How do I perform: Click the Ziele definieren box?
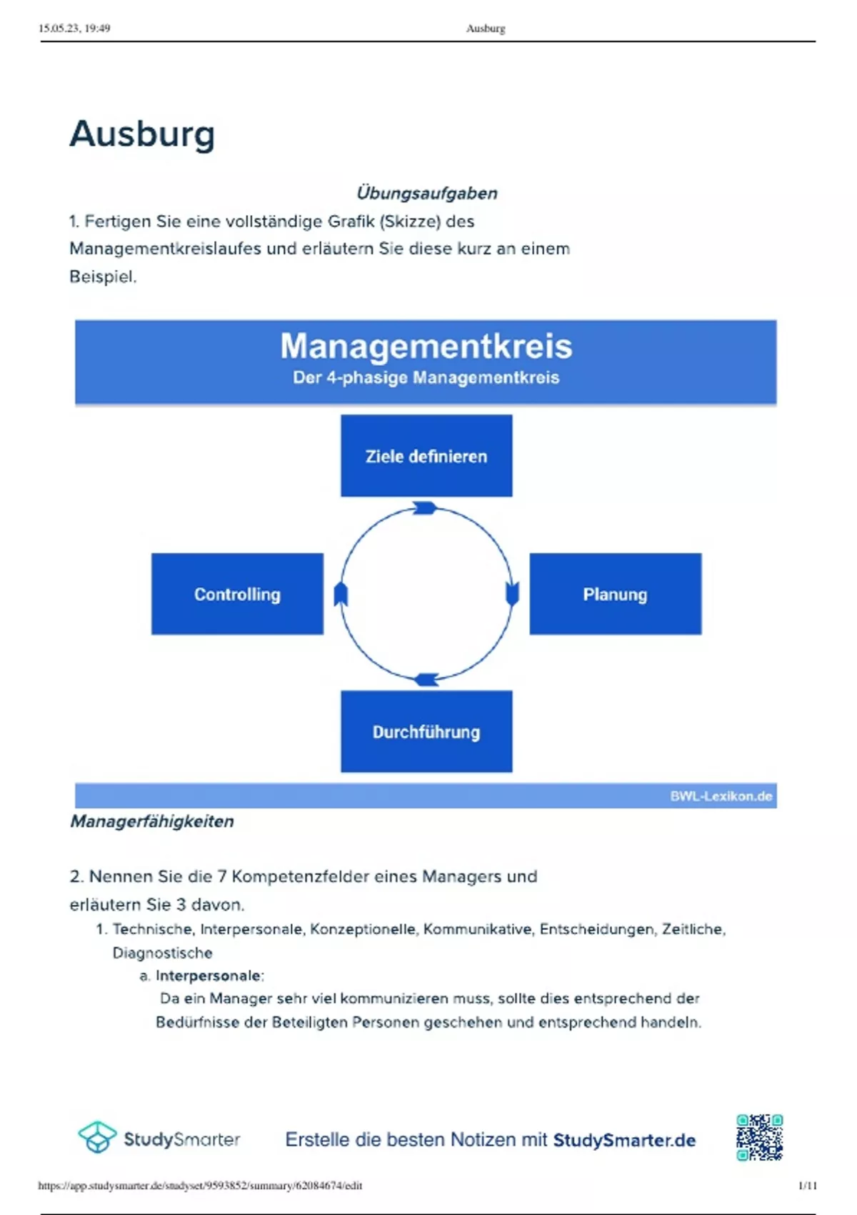[426, 456]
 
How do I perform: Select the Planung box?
[615, 594]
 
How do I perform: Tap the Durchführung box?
[426, 731]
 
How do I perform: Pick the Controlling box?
[237, 594]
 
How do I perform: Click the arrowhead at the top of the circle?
[426, 508]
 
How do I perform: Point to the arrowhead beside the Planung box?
[512, 593]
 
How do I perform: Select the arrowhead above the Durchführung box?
[426, 679]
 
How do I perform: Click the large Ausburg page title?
[142, 134]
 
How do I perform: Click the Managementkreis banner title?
[426, 346]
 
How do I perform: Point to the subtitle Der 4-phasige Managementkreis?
[426, 377]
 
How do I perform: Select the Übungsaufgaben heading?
[426, 193]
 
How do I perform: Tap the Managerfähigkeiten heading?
[152, 821]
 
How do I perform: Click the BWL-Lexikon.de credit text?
[721, 796]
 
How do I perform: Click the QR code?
[760, 1137]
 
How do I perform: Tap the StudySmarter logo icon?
[97, 1137]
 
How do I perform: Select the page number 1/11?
[807, 1186]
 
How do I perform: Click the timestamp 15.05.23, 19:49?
[74, 29]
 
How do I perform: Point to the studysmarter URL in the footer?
[200, 1186]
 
